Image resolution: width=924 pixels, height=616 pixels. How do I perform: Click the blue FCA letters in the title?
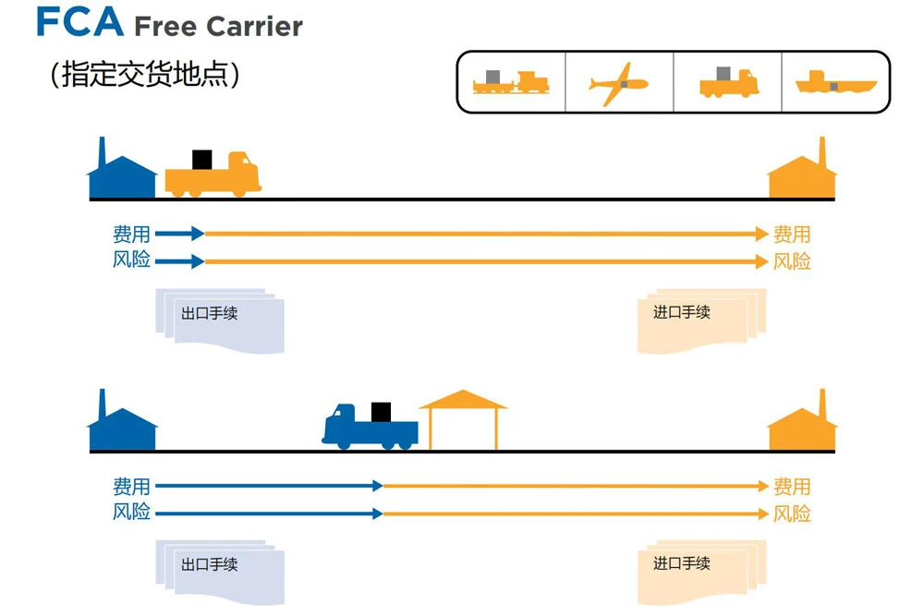pos(79,21)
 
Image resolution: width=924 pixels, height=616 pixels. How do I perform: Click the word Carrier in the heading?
pos(254,27)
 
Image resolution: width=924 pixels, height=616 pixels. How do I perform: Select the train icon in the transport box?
pos(511,83)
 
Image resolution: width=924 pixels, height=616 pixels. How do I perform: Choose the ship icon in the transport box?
pos(835,83)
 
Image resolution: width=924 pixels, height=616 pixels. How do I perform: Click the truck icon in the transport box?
pos(728,83)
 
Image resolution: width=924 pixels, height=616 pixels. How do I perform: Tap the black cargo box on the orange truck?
pos(201,159)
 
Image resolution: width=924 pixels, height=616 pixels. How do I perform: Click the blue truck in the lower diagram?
pos(370,428)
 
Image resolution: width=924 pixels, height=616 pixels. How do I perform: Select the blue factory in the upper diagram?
pos(122,176)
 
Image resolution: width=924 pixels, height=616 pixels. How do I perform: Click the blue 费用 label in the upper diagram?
pos(131,235)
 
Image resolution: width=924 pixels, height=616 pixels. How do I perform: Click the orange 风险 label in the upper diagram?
pos(792,261)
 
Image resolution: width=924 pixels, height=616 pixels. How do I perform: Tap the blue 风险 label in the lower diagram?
pos(131,513)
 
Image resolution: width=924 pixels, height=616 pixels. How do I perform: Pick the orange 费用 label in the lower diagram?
pos(792,486)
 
